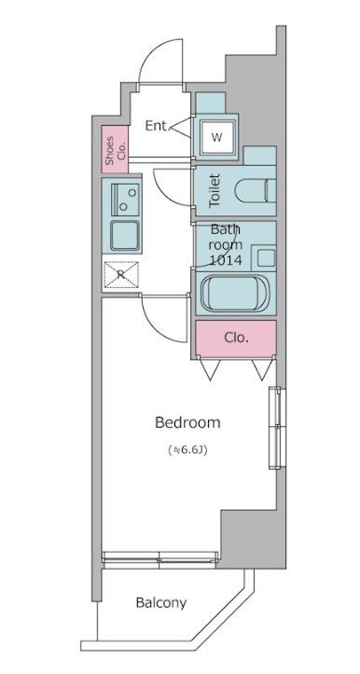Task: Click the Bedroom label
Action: (187, 422)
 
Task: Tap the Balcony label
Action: (161, 602)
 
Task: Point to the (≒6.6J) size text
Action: (188, 450)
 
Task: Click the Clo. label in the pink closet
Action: (236, 337)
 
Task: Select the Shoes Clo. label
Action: (116, 150)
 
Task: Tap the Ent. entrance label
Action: (159, 126)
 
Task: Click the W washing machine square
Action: (216, 137)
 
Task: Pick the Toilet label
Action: (215, 190)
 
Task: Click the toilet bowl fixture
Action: (256, 190)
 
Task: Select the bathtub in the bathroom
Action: (235, 294)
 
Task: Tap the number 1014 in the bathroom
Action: (226, 260)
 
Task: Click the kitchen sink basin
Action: (125, 235)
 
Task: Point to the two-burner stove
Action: (125, 199)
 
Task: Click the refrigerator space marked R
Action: (121, 274)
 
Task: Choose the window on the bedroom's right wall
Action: (276, 427)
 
